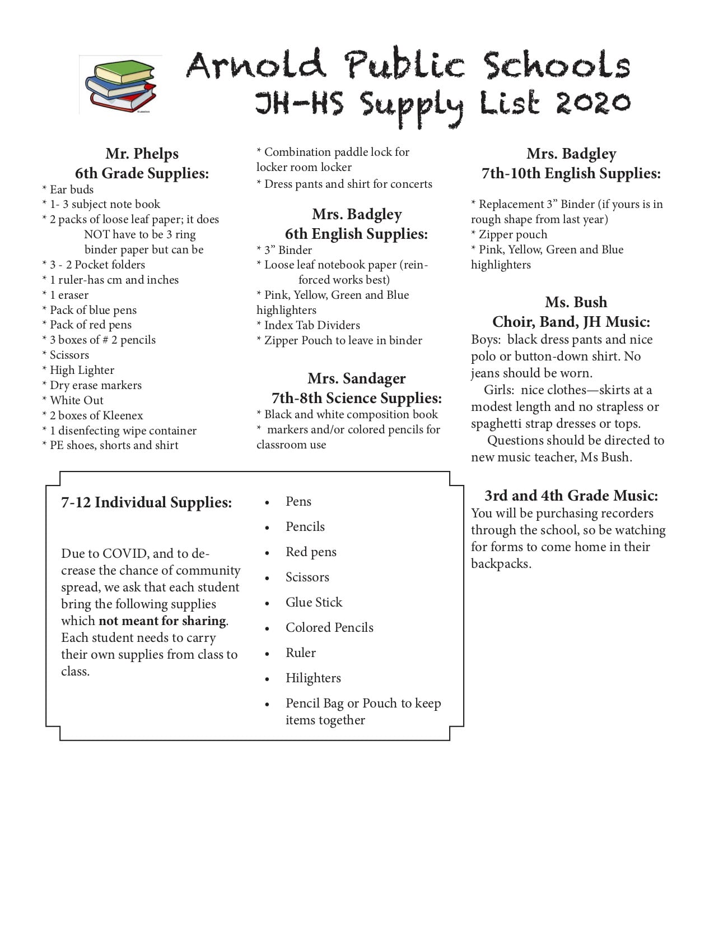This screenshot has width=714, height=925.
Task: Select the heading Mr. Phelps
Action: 142,154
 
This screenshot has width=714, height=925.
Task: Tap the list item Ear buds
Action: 72,189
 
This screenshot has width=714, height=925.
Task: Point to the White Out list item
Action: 76,400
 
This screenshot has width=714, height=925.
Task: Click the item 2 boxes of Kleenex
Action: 96,415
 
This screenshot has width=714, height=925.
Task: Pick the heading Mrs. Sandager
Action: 356,378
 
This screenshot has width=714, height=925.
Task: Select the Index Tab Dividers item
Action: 312,325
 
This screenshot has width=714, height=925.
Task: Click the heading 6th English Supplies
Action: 356,234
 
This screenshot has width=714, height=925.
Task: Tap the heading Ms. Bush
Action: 576,302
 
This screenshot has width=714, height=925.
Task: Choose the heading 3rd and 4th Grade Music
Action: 571,496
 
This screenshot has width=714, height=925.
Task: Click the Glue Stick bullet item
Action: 314,602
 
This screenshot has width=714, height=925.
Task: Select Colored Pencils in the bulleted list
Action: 329,627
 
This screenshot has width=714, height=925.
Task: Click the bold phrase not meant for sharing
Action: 162,621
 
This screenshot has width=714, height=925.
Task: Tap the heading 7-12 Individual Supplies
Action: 146,502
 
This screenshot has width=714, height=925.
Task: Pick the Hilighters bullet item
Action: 313,678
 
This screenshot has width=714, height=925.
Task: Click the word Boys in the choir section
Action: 484,340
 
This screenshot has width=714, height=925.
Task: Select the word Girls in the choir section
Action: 498,390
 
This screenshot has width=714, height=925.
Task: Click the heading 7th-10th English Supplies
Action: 571,174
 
